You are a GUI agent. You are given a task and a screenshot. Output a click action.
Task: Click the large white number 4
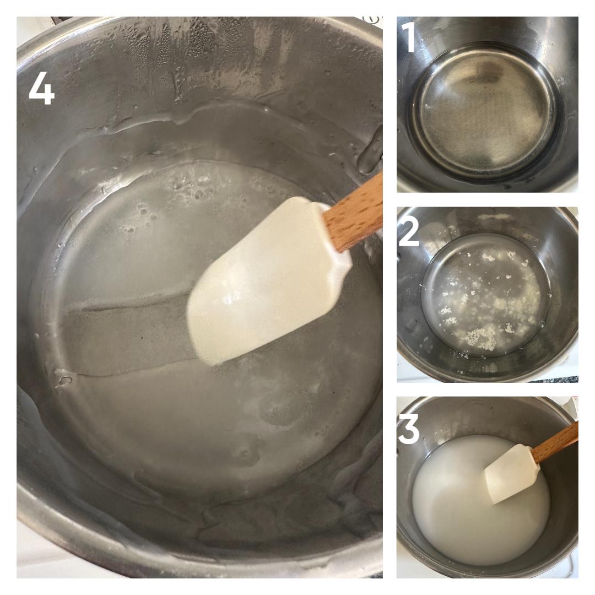click(42, 88)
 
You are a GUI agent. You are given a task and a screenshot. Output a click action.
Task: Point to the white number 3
click(409, 429)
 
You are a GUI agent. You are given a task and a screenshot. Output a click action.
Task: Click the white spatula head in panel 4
click(266, 281)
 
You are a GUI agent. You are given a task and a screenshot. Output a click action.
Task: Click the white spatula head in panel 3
click(512, 474)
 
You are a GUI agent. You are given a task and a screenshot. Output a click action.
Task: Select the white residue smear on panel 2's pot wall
click(493, 217)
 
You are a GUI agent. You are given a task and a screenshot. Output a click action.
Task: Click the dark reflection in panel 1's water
click(490, 74)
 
